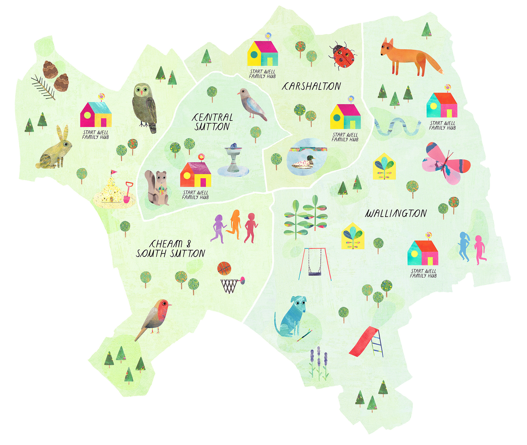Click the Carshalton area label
tap(311, 86)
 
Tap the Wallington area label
tap(396, 213)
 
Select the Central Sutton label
tap(212, 122)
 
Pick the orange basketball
tap(224, 268)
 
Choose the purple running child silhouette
tap(219, 228)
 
